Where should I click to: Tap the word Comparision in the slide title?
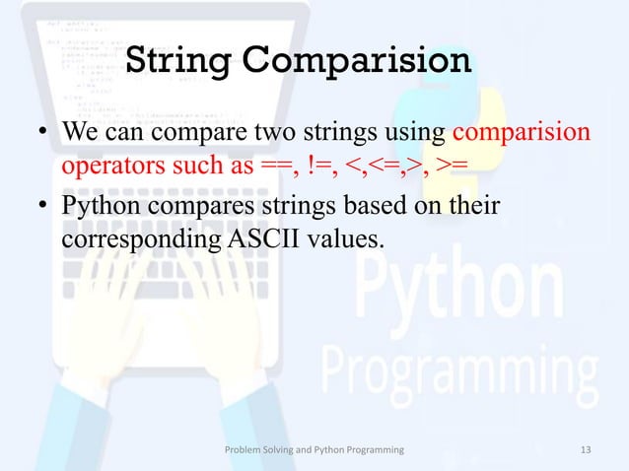click(357, 60)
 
